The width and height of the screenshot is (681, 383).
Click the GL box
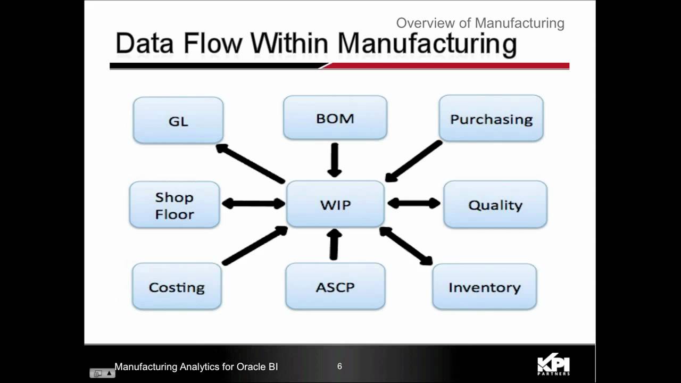pyautogui.click(x=178, y=120)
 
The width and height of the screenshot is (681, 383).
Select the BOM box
pyautogui.click(x=335, y=118)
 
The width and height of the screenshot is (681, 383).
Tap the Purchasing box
pyautogui.click(x=491, y=119)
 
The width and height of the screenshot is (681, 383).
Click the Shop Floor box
pyautogui.click(x=175, y=205)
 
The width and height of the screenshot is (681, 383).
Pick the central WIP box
pyautogui.click(x=335, y=204)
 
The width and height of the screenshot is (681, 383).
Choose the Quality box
pyautogui.click(x=495, y=205)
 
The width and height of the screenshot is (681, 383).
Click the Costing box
pyautogui.click(x=177, y=287)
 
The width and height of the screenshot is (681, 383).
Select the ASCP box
pyautogui.click(x=335, y=287)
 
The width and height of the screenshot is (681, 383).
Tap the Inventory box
pyautogui.click(x=484, y=287)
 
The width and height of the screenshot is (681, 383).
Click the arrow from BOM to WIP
pyautogui.click(x=335, y=160)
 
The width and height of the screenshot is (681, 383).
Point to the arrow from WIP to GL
pyautogui.click(x=250, y=163)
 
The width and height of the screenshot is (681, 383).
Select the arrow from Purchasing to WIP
pyautogui.click(x=414, y=161)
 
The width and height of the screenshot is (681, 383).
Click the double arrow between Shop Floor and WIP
pyautogui.click(x=253, y=203)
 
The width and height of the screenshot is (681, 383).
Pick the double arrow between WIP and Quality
pyautogui.click(x=414, y=203)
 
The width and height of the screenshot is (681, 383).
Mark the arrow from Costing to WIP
pyautogui.click(x=255, y=246)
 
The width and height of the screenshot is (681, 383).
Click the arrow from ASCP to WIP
pyautogui.click(x=334, y=245)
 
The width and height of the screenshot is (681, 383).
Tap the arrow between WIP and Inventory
pyautogui.click(x=406, y=246)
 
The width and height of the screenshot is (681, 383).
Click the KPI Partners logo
pyautogui.click(x=553, y=365)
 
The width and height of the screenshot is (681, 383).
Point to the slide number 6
pyautogui.click(x=339, y=367)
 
